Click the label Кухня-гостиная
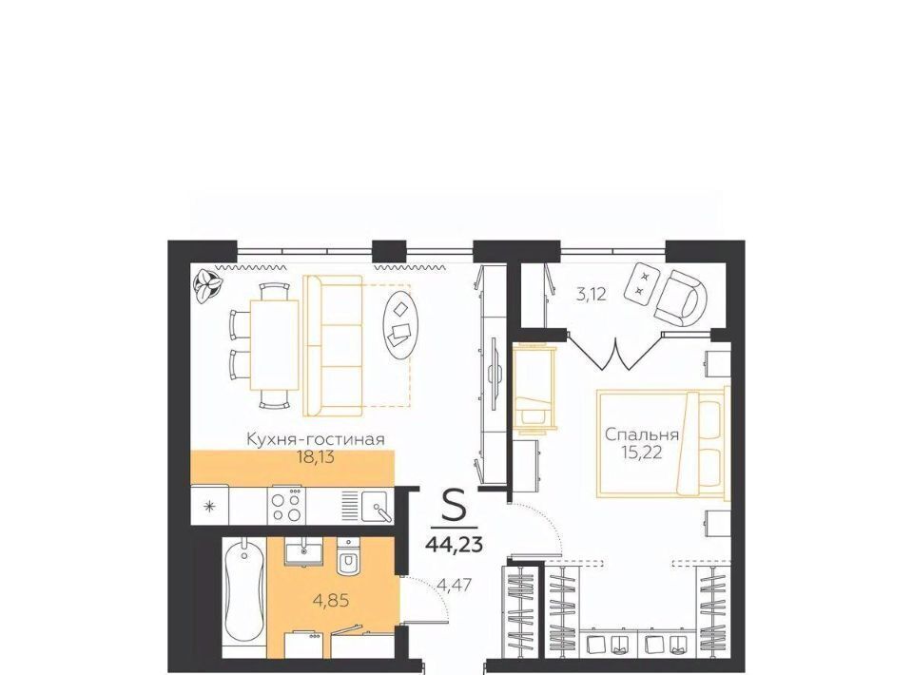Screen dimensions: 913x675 pyautogui.click(x=316, y=439)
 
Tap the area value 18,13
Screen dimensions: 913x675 pyautogui.click(x=316, y=457)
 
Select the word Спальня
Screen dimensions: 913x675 pyautogui.click(x=642, y=434)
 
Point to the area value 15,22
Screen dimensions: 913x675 pyautogui.click(x=642, y=453)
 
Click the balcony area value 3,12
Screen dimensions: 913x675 pyautogui.click(x=592, y=295)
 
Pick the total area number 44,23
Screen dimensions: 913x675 pyautogui.click(x=455, y=544)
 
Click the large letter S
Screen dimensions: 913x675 pyautogui.click(x=455, y=505)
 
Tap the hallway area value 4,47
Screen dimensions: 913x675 pyautogui.click(x=455, y=584)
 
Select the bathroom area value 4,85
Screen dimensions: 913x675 pyautogui.click(x=331, y=600)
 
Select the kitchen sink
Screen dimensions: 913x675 pyautogui.click(x=375, y=506)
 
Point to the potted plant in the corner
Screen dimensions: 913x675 pyautogui.click(x=208, y=285)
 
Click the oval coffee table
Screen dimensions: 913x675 pyautogui.click(x=399, y=325)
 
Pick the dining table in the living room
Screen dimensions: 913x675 pyautogui.click(x=274, y=345)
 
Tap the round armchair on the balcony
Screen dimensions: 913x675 pyautogui.click(x=680, y=299)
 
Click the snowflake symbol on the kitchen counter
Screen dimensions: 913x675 pyautogui.click(x=210, y=506)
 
